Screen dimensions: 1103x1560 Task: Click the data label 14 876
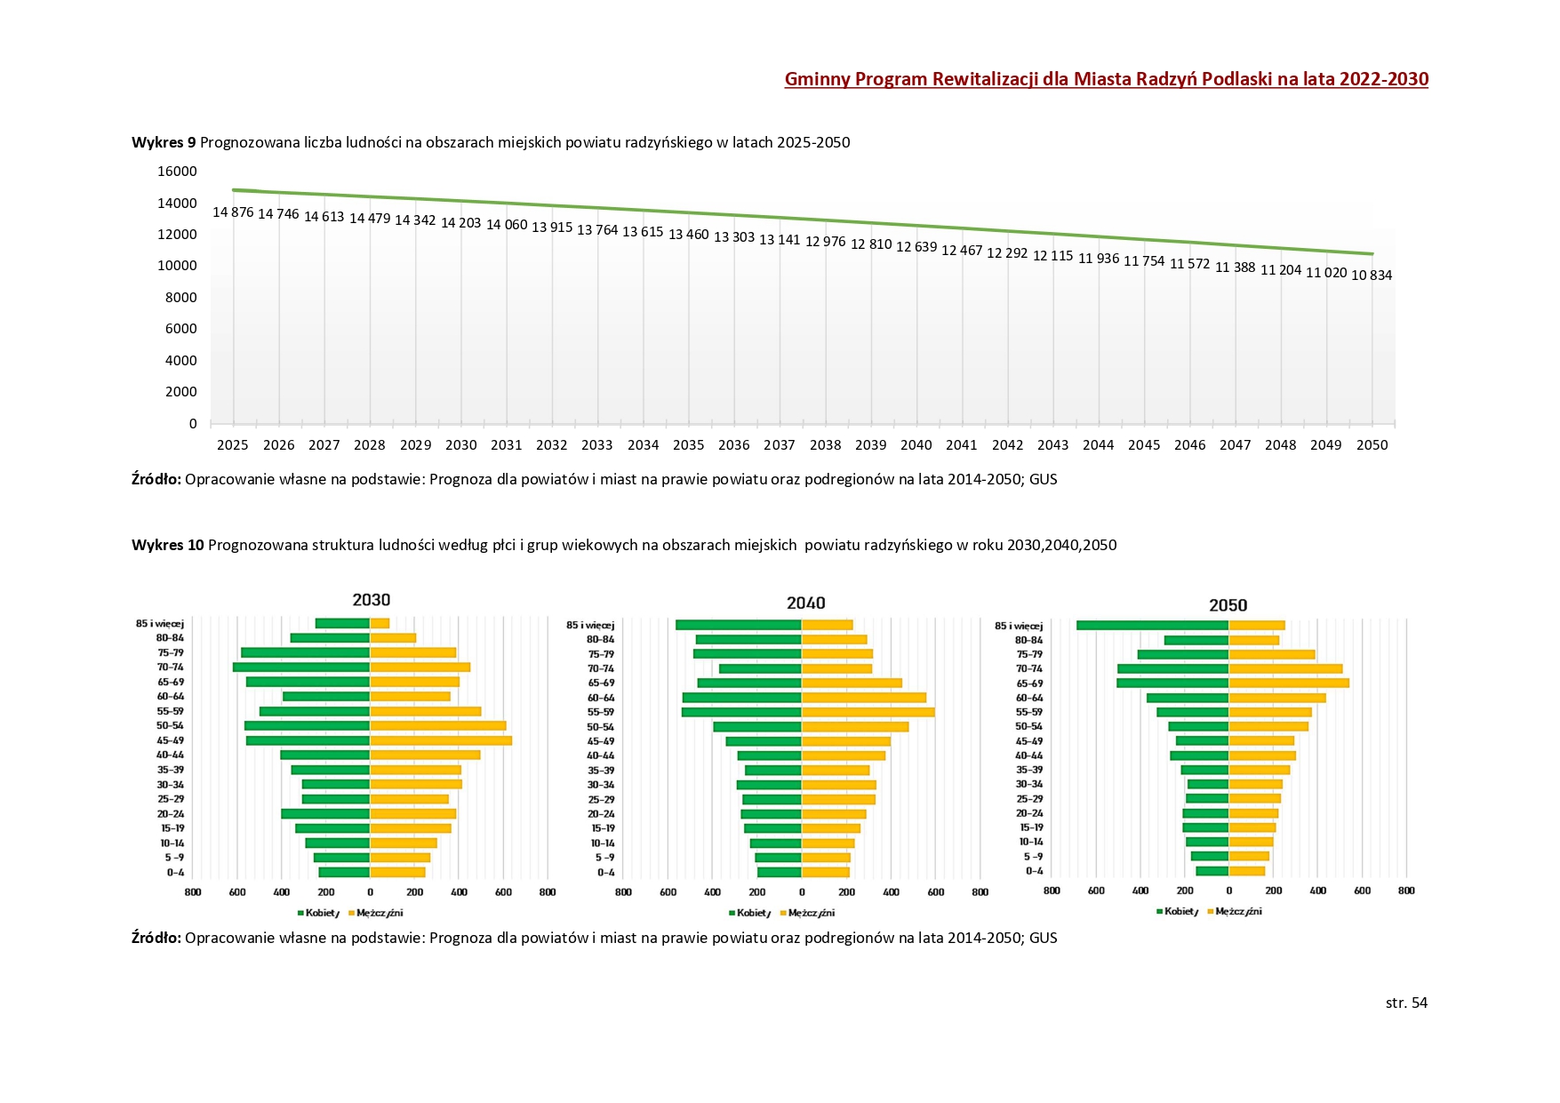coord(233,212)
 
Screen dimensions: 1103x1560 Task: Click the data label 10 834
coord(1372,276)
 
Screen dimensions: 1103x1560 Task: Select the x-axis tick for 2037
coord(780,445)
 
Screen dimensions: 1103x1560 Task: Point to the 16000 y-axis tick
coord(178,172)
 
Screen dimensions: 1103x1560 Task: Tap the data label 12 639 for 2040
coord(916,247)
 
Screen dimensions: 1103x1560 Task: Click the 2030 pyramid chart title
coord(371,600)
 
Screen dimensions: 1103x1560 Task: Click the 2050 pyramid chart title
coord(1228,605)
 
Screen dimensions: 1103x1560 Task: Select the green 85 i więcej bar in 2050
coord(1152,626)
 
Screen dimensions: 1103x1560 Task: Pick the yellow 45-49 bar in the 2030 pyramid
coord(441,740)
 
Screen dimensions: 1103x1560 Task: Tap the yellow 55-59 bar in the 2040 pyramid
coord(868,712)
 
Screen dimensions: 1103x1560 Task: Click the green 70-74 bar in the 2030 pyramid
coord(301,667)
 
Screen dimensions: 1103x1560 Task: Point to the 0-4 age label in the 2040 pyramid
coord(605,873)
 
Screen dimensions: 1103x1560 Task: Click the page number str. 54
coord(1406,1003)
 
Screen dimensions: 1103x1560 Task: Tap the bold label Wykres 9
coord(164,142)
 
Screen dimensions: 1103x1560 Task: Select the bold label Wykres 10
coord(168,545)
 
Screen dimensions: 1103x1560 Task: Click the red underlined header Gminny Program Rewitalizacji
coord(1106,79)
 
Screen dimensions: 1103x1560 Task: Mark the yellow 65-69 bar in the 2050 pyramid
coord(1289,683)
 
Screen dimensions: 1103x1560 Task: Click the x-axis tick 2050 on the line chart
coord(1372,445)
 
